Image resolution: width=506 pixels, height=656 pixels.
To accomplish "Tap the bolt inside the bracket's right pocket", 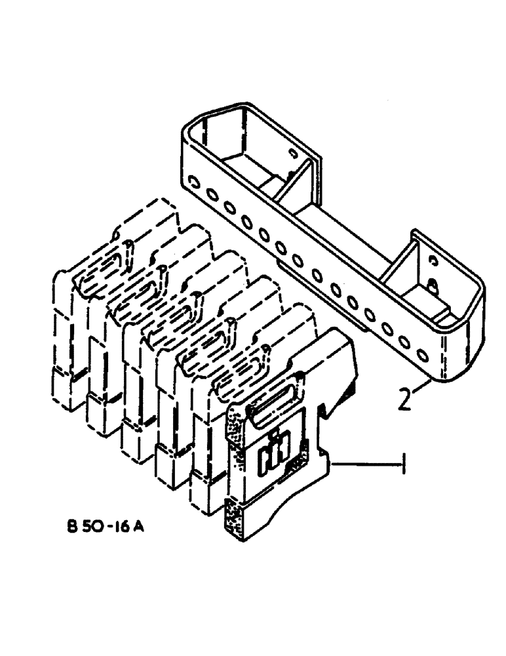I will [432, 286].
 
